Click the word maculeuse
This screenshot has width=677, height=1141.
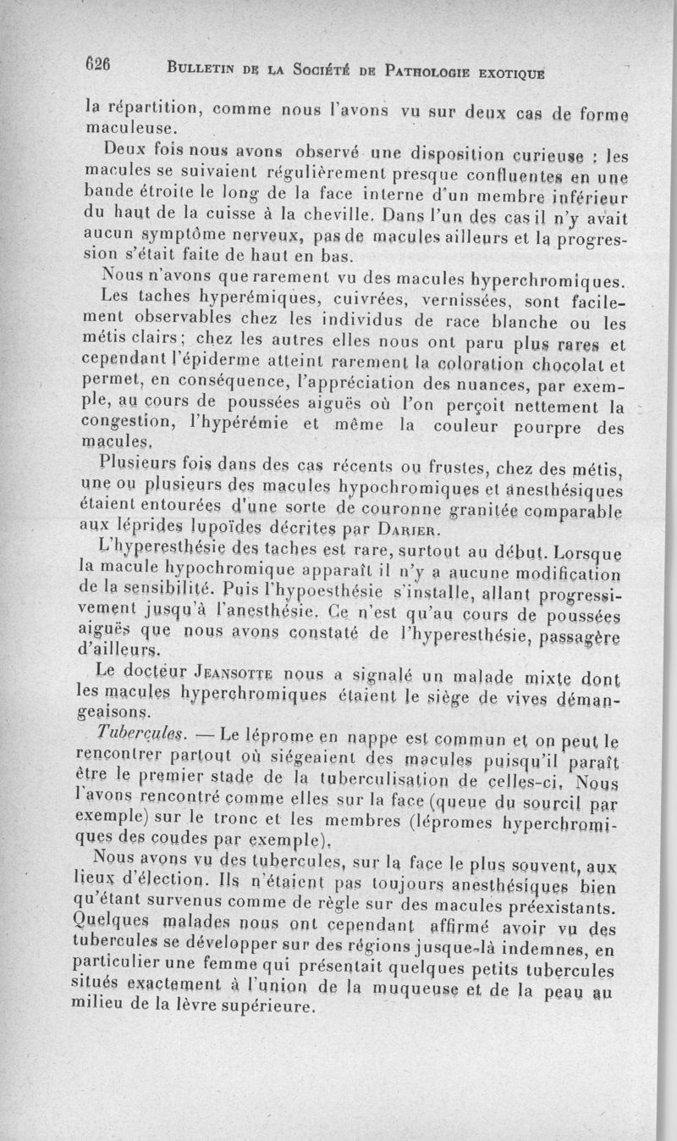tap(132, 129)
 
